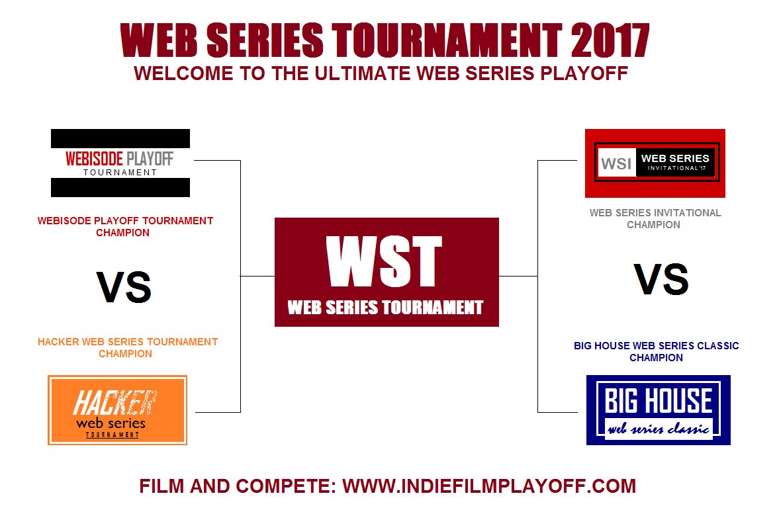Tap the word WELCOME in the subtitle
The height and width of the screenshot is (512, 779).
point(183,73)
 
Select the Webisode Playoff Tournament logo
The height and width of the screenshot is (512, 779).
point(120,163)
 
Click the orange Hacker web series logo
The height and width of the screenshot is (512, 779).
point(117,410)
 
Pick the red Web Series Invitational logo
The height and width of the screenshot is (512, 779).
point(655,163)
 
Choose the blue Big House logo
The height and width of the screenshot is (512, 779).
point(659,410)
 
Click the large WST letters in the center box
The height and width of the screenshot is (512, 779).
point(384,261)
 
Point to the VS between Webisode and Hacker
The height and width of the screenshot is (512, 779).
point(124,287)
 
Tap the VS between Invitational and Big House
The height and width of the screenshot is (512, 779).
point(661,279)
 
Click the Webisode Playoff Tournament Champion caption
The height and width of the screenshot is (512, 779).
point(125,226)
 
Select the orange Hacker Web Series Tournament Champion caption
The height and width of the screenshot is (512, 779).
point(128,348)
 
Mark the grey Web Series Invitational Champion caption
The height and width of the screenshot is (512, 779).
point(655,218)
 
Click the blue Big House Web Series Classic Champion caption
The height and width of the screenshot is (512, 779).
point(657,352)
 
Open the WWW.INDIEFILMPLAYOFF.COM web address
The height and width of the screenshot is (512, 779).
point(489,486)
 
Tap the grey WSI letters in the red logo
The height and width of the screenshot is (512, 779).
point(616,163)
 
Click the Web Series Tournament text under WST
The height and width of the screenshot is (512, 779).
point(385,308)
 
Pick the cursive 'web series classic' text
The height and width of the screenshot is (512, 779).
point(659,429)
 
